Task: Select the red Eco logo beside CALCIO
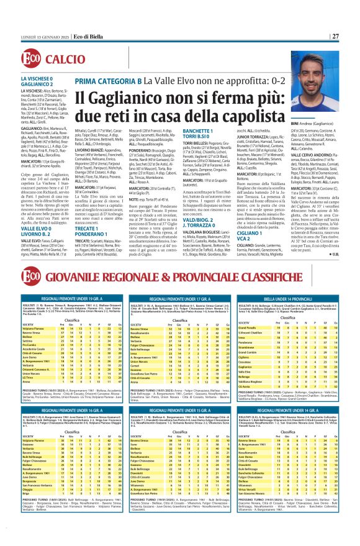point(34,58)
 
